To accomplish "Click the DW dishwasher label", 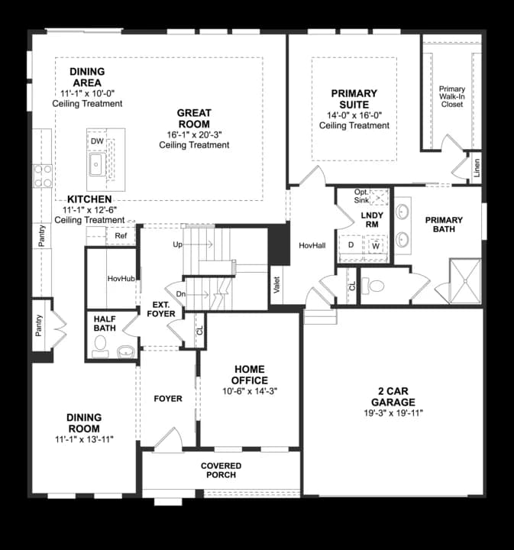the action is click(97, 141).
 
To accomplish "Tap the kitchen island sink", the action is click(97, 164).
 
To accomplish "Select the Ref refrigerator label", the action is click(121, 236).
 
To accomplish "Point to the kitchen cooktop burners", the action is click(43, 176).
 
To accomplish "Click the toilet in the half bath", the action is click(100, 346).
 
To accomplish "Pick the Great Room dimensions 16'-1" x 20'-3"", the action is click(194, 134).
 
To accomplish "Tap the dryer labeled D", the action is click(351, 245).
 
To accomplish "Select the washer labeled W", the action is click(376, 246).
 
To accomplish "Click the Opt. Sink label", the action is click(361, 196).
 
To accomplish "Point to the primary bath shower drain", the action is click(465, 281).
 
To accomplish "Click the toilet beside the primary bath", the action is click(373, 286).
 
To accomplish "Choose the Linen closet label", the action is click(476, 167).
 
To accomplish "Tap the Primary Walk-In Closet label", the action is click(452, 96).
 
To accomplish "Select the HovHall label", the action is click(312, 245).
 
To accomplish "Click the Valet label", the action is click(276, 285).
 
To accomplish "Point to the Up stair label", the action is click(177, 244).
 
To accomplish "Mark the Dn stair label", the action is click(180, 294).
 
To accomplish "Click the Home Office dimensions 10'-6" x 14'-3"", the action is click(250, 391).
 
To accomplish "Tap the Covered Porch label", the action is click(221, 470).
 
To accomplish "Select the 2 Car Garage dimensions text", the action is click(393, 412).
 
